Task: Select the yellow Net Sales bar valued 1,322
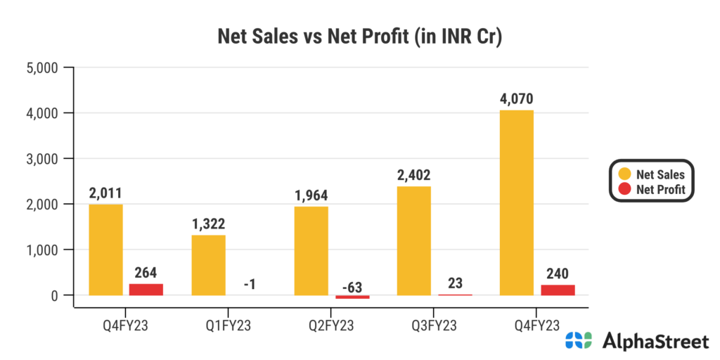[209, 265]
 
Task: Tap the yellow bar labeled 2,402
[414, 240]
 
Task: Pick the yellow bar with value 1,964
[311, 250]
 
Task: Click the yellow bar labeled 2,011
[106, 250]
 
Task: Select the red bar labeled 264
[146, 289]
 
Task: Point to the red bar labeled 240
[558, 290]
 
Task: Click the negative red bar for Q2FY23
[352, 297]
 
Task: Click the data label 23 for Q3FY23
[455, 283]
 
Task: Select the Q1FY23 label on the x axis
[229, 326]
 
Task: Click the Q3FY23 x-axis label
[434, 326]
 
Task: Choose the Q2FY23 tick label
[331, 326]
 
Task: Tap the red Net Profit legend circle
[624, 189]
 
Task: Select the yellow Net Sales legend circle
[624, 174]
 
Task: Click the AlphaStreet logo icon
[580, 342]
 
